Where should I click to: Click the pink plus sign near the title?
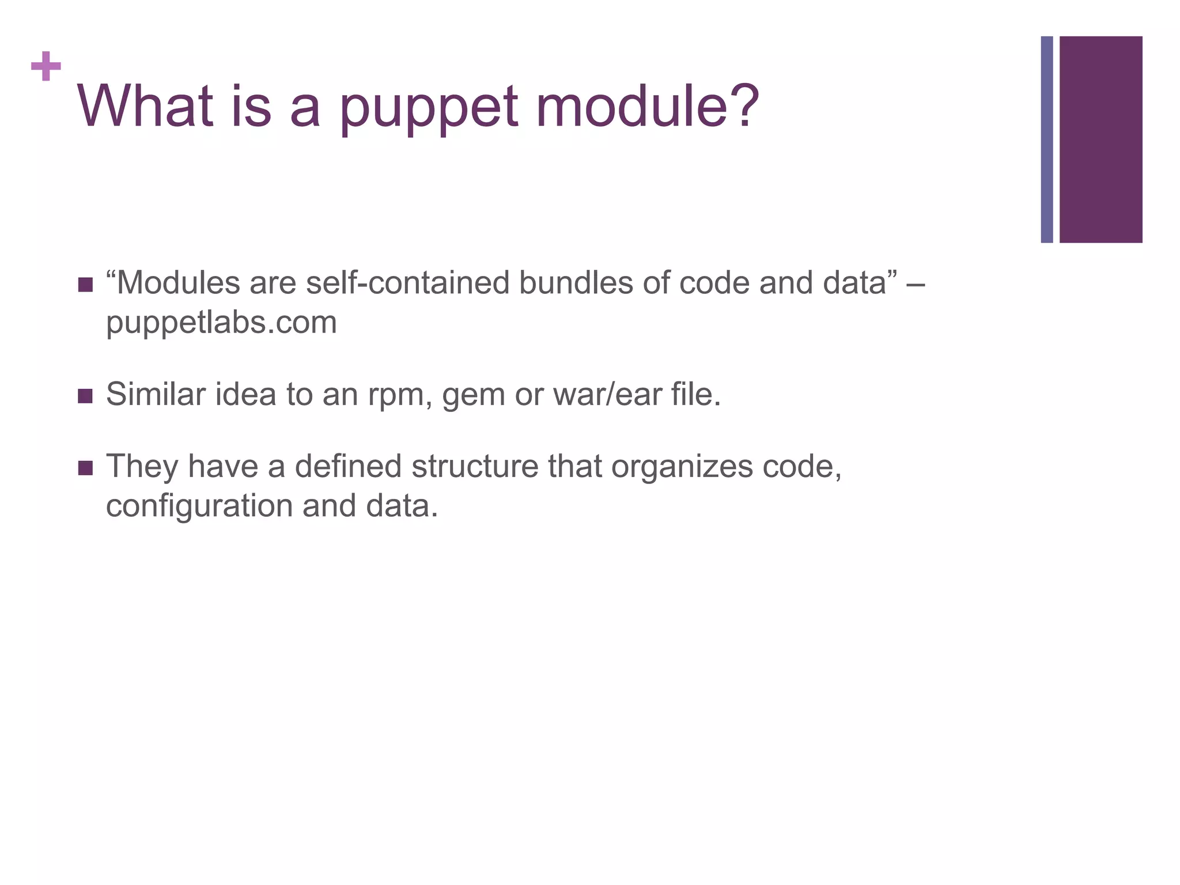point(46,66)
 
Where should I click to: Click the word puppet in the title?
point(429,108)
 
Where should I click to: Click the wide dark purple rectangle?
point(1100,139)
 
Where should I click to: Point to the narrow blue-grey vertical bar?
point(1046,139)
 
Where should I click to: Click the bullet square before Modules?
point(85,285)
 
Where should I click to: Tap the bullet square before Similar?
point(85,396)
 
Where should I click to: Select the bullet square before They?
point(85,467)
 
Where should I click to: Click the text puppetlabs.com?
point(221,323)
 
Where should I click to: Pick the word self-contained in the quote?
point(407,283)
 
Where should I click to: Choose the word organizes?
point(682,467)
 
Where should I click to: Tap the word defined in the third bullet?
point(348,466)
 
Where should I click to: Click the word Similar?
point(156,395)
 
